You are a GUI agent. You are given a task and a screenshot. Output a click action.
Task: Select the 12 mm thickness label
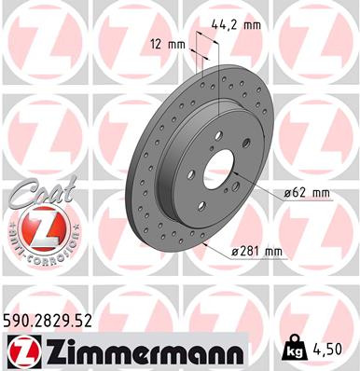[168, 44]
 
